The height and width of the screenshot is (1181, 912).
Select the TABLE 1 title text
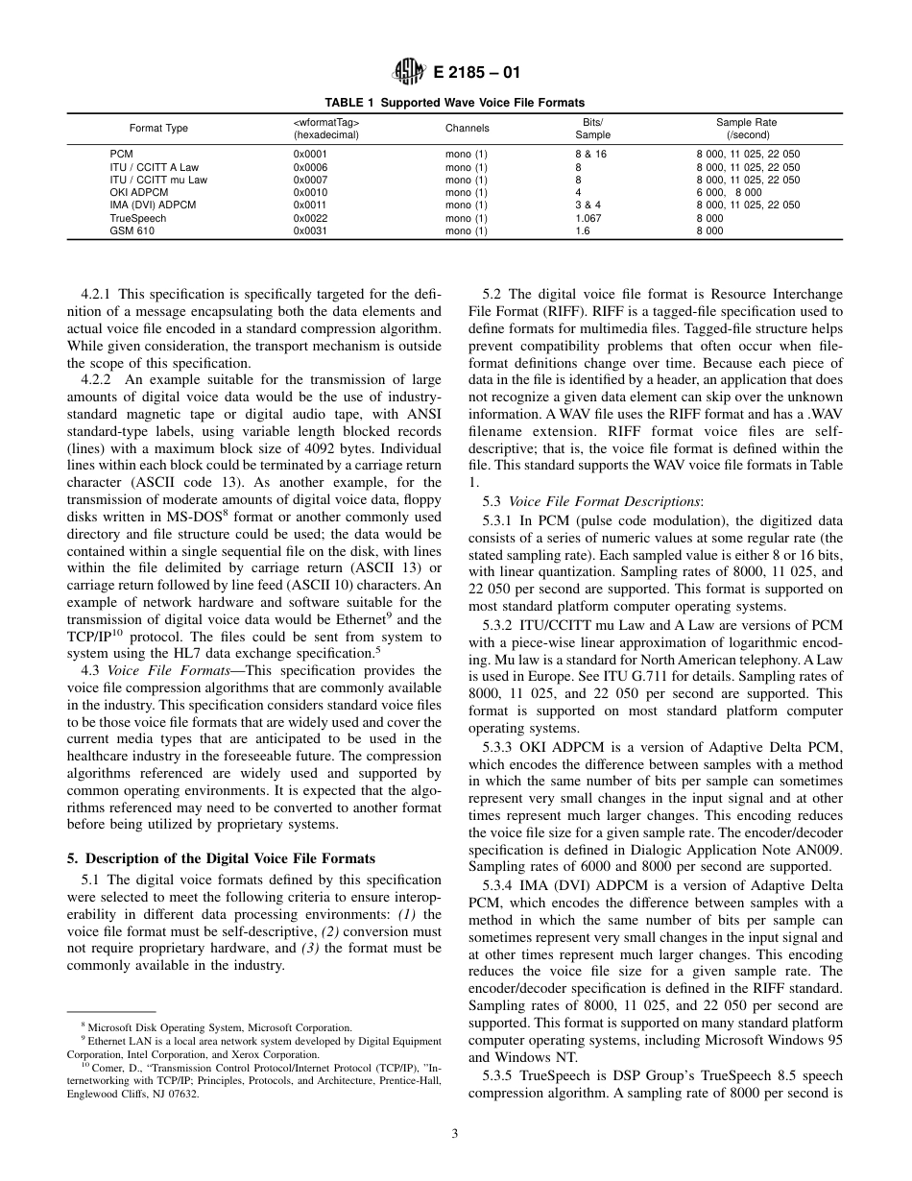point(454,103)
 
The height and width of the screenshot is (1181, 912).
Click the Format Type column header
point(158,128)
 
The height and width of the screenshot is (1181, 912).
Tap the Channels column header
point(467,128)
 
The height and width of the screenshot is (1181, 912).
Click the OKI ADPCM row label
point(139,192)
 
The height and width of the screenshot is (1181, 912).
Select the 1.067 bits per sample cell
point(588,218)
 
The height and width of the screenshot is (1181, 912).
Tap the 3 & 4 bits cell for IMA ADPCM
point(587,205)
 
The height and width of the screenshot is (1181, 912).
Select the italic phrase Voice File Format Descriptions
point(604,501)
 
